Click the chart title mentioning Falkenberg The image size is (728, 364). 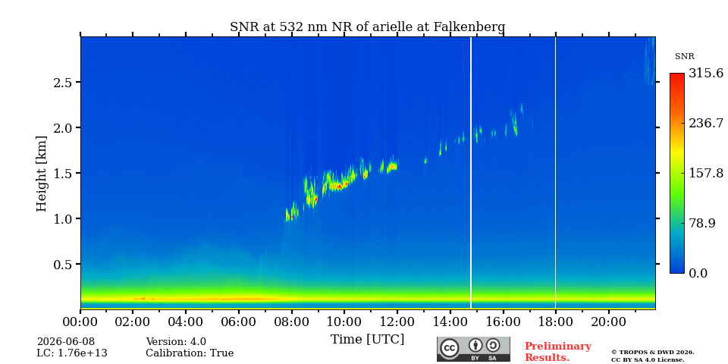(367, 27)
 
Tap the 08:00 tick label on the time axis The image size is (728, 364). (291, 322)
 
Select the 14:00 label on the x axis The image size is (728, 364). (450, 322)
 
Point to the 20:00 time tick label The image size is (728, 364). (608, 322)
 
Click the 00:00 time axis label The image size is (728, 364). (80, 322)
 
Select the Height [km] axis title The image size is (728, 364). (42, 174)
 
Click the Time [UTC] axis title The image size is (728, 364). (367, 340)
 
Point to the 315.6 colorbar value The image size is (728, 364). (705, 73)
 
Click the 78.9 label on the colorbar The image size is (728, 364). (701, 223)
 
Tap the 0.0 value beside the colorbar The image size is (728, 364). (698, 273)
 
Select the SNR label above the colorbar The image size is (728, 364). (684, 57)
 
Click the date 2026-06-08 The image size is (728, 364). (66, 342)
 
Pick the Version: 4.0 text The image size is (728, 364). (176, 342)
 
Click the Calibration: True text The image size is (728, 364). (190, 353)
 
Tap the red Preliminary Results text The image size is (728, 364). (558, 352)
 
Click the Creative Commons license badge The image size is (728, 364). (473, 349)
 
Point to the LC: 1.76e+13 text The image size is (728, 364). (72, 353)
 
